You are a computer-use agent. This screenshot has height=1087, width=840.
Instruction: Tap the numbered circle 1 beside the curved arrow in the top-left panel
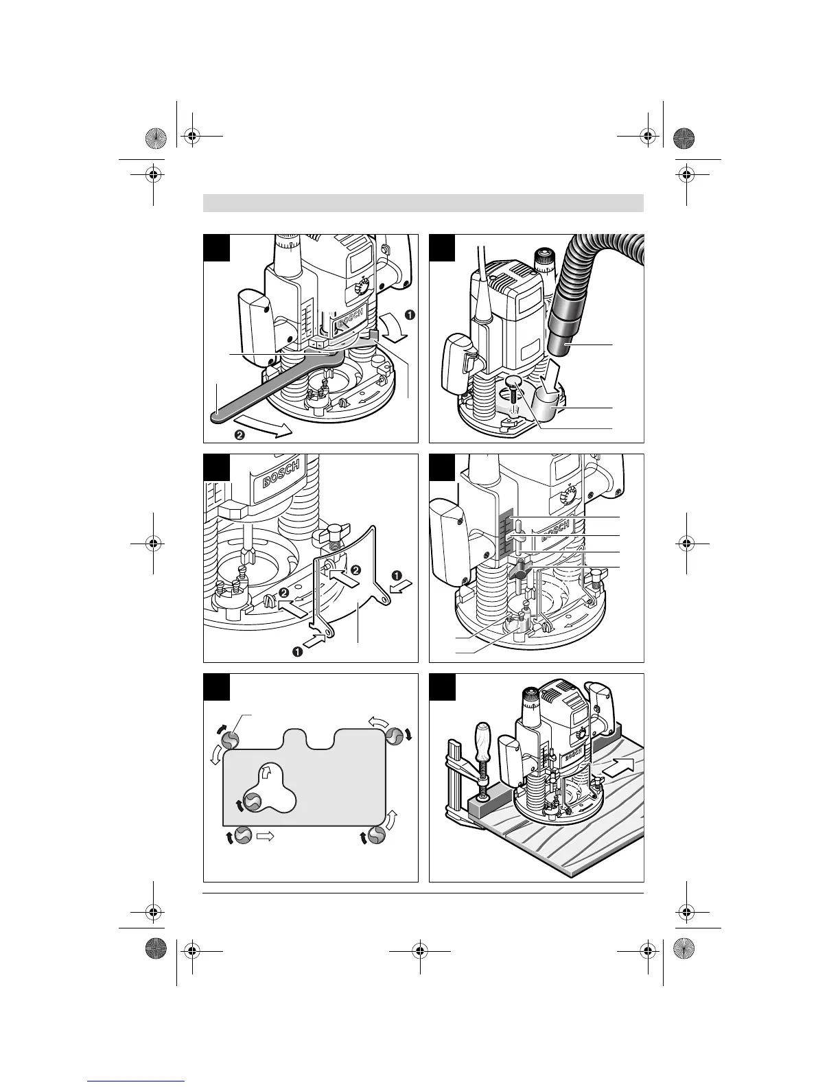tap(410, 315)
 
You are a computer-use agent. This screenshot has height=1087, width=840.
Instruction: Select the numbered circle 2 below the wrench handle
tap(240, 434)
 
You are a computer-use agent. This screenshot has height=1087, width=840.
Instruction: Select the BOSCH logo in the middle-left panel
tap(281, 473)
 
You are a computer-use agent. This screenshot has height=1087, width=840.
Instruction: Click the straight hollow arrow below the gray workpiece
tap(265, 836)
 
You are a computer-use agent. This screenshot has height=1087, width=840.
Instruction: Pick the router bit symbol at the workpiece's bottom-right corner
tap(375, 835)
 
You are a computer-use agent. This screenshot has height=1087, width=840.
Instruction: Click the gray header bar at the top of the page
tap(423, 204)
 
